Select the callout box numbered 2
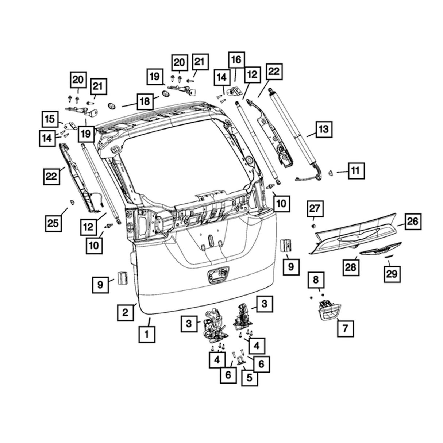coord(125,312)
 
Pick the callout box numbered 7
coord(345,329)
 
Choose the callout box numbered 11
coord(356,170)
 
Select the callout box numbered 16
coord(236,59)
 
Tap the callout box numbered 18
coord(145,101)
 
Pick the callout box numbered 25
coord(53,222)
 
